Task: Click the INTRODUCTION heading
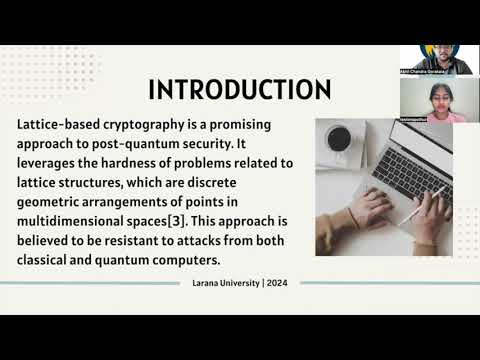pos(240,90)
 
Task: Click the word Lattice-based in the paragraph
pos(60,128)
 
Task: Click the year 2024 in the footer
pos(277,282)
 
